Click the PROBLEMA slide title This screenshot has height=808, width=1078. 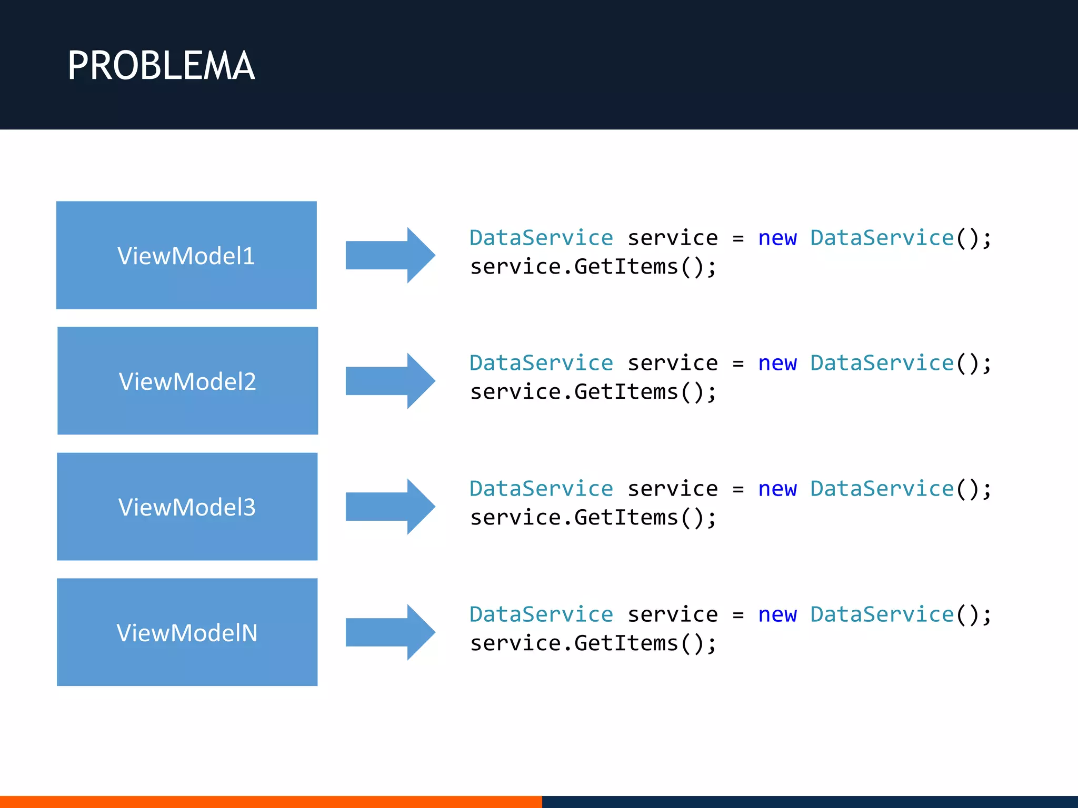coord(161,66)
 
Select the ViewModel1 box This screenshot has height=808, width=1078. coord(186,255)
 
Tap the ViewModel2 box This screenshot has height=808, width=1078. coord(187,381)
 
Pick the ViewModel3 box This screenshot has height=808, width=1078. coord(187,507)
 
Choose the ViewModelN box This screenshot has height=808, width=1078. coord(187,632)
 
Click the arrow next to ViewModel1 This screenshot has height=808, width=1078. coord(390,255)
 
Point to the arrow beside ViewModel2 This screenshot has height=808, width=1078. coord(390,381)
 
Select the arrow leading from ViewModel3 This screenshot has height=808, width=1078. coord(390,507)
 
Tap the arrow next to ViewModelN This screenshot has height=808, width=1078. coord(390,632)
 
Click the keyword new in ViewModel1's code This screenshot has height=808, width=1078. coord(777,238)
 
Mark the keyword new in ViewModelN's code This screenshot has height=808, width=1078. coord(777,615)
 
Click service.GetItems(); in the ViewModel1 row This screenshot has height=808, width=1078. coord(593,267)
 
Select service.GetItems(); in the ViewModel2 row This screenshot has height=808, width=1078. coord(593,392)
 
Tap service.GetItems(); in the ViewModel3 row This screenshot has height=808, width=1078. coord(593,518)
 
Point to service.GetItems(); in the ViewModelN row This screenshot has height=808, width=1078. coord(593,644)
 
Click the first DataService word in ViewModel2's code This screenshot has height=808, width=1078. coord(541,363)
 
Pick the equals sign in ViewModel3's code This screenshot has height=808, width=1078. coord(738,490)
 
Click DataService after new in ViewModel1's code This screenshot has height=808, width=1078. coord(882,238)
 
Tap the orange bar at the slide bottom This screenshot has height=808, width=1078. coord(271,802)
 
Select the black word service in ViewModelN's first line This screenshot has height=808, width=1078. coord(672,615)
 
